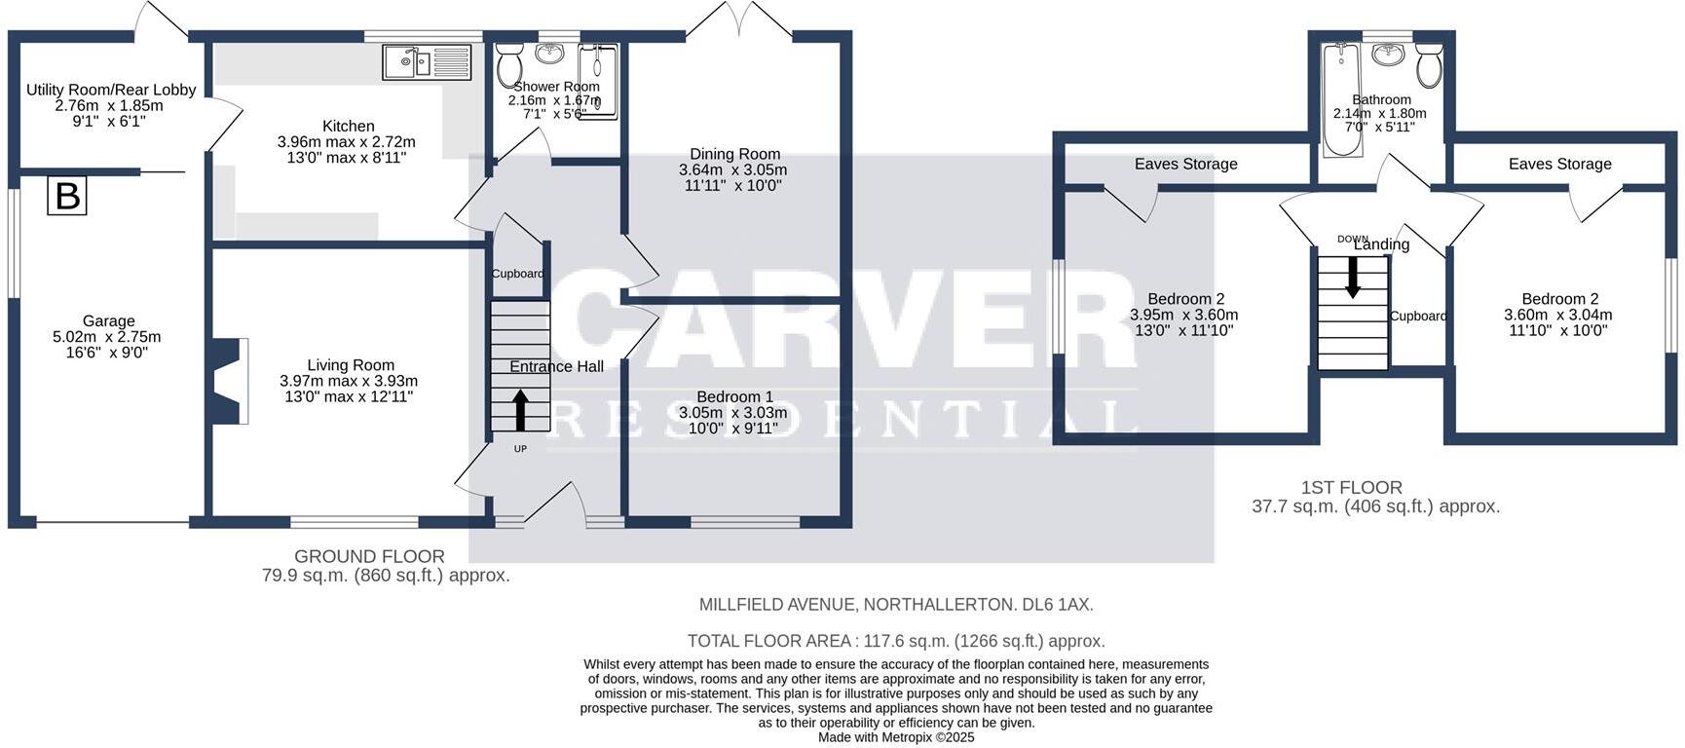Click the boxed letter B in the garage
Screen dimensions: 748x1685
[x=67, y=196]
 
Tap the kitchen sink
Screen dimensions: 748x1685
[x=409, y=63]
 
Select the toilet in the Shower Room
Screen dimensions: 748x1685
[x=508, y=65]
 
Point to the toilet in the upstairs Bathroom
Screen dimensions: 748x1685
[x=1429, y=66]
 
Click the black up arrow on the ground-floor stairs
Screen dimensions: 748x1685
[x=520, y=409]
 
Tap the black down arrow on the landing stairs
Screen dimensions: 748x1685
[x=1353, y=278]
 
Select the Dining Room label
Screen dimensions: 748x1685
[x=734, y=154]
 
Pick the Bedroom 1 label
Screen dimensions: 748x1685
[x=734, y=396]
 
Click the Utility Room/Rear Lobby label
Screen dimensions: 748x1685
[x=111, y=90]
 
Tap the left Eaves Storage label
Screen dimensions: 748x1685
[x=1185, y=164]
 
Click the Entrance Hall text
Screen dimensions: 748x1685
[x=556, y=366]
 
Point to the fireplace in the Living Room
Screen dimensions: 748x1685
[x=231, y=381]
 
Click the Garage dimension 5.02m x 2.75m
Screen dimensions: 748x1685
[x=107, y=337]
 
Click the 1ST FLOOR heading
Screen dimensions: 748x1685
[x=1351, y=487]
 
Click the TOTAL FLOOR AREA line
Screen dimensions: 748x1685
[x=895, y=641]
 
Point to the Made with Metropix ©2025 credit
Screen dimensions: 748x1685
[x=895, y=737]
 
